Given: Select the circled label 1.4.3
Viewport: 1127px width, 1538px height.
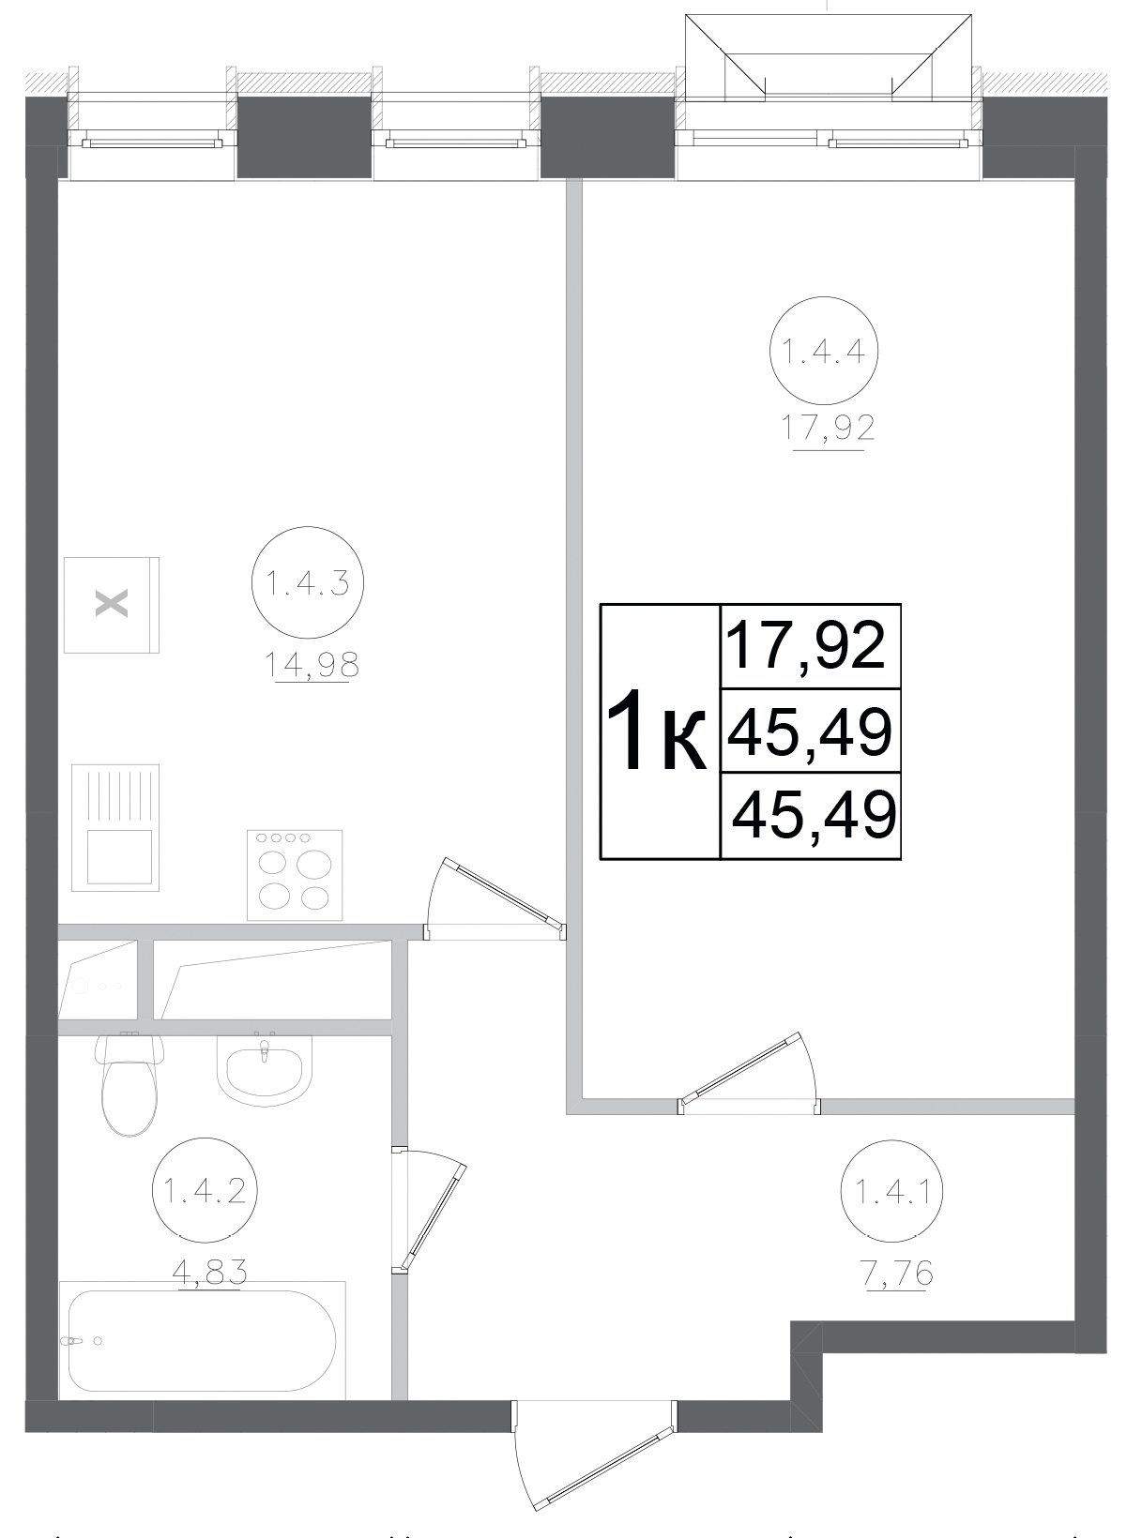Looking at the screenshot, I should (x=307, y=585).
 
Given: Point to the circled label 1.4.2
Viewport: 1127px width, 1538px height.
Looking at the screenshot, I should (x=205, y=1192).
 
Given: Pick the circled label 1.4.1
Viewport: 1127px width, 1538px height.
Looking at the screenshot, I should (x=892, y=1192).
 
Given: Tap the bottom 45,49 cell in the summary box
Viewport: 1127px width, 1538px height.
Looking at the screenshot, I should (x=813, y=816).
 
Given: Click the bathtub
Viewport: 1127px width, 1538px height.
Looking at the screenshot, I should (x=200, y=1342).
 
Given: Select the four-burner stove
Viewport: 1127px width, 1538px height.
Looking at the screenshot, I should (x=294, y=874).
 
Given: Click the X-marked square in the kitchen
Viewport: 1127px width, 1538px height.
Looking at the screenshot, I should (x=111, y=605).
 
